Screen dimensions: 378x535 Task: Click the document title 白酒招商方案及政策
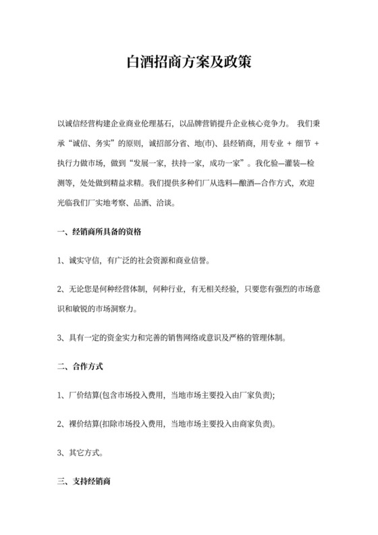[x=189, y=62]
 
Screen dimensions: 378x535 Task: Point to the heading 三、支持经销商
[x=84, y=482]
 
